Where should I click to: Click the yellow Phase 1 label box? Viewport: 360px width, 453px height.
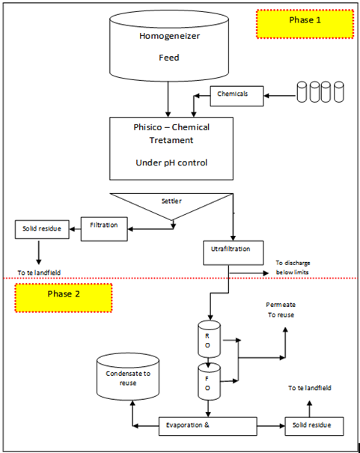tap(305, 24)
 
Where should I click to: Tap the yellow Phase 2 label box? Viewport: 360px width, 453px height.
tap(64, 297)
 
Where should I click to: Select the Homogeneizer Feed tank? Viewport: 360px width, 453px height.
tap(169, 46)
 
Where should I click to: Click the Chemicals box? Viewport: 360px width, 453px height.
tap(237, 96)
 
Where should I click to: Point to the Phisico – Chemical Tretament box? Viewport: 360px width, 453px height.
tap(171, 148)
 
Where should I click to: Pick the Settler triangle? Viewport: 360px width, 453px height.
tap(171, 206)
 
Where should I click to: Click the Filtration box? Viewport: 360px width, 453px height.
tap(104, 229)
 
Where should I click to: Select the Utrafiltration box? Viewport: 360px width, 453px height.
tap(234, 253)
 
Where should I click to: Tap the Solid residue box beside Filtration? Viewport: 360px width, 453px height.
tap(42, 229)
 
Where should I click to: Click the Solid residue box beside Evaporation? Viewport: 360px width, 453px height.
tap(314, 426)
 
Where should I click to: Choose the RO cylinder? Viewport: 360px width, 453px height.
tap(209, 339)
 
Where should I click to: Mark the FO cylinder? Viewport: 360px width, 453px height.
tap(209, 382)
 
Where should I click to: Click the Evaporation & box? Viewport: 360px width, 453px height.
tap(208, 426)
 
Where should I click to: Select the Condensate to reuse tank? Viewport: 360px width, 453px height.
tap(128, 377)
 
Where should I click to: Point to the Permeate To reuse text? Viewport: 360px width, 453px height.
tap(281, 310)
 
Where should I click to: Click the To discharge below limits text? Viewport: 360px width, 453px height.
tap(293, 267)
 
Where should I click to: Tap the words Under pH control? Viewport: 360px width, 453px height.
tap(171, 163)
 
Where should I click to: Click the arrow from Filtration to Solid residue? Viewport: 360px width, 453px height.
tap(75, 229)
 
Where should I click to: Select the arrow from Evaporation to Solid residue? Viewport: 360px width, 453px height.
tap(271, 426)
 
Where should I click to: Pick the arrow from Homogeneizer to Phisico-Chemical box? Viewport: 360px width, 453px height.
tap(168, 100)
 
